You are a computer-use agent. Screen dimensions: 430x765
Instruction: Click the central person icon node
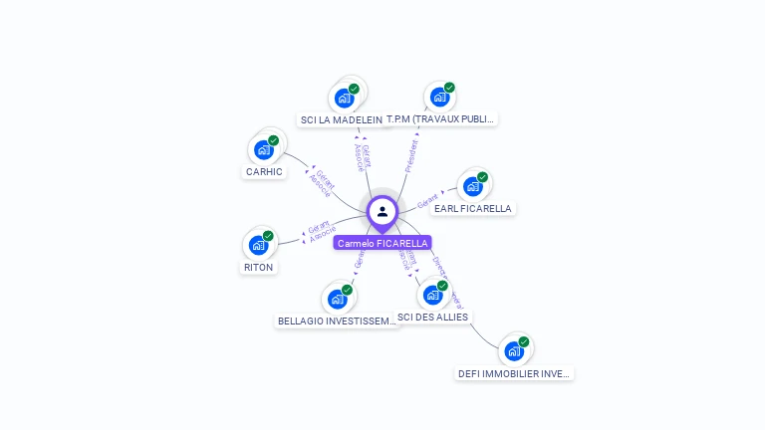(x=382, y=211)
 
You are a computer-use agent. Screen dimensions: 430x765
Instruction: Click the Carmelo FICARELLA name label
(x=382, y=243)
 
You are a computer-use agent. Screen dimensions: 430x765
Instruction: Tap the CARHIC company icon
(x=263, y=149)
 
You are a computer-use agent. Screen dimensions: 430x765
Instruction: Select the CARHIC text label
(x=264, y=172)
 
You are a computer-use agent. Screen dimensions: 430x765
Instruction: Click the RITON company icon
(x=258, y=245)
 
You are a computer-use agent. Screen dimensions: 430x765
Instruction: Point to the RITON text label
(x=258, y=268)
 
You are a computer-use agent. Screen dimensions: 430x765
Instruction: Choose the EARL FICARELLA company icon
(x=472, y=186)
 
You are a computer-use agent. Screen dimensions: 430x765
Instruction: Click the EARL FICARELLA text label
(x=473, y=209)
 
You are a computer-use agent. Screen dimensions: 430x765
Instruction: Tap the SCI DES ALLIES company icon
(x=432, y=295)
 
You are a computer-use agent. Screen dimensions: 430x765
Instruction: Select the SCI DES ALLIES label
(x=432, y=318)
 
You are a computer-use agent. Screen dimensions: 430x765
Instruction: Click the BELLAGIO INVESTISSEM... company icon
(x=337, y=299)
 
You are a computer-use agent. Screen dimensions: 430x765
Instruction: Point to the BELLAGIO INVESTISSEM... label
(x=337, y=322)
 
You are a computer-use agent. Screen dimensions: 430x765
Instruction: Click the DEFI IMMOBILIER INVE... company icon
(x=513, y=350)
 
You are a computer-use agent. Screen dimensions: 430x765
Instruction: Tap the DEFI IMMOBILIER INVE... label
(x=514, y=374)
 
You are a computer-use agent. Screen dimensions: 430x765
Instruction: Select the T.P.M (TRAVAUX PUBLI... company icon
(x=438, y=97)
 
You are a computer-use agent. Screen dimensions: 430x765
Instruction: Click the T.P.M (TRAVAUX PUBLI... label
(x=440, y=119)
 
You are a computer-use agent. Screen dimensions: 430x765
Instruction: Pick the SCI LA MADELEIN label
(x=341, y=120)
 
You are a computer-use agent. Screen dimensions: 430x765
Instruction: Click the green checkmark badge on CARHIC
(x=273, y=140)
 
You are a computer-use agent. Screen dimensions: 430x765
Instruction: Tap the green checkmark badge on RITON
(x=268, y=236)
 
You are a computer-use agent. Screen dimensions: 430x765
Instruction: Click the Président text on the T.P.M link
(x=411, y=154)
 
